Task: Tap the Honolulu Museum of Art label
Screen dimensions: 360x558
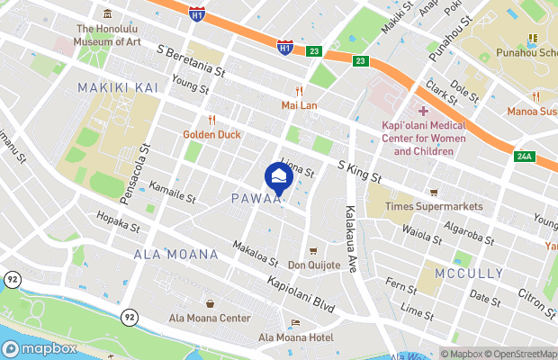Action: click(x=108, y=33)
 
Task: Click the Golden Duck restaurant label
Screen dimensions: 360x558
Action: click(x=211, y=134)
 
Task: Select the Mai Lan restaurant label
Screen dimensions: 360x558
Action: click(x=300, y=103)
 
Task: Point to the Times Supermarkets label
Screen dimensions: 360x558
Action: click(x=434, y=206)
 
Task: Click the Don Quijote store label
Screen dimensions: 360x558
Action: click(x=314, y=265)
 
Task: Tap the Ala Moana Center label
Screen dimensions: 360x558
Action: click(x=210, y=318)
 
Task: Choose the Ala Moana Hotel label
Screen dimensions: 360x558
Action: click(x=295, y=337)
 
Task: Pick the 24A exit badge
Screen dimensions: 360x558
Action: click(x=525, y=157)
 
